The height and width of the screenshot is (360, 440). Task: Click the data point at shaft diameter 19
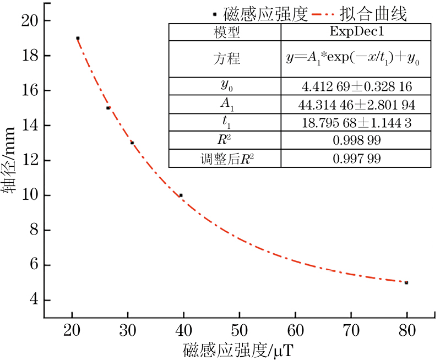coord(78,38)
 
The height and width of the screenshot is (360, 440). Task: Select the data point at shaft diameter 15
coord(108,108)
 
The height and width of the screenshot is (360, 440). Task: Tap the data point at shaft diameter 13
coord(132,143)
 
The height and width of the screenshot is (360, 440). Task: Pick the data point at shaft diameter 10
coord(181,195)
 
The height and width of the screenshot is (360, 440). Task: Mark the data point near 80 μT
coord(406,282)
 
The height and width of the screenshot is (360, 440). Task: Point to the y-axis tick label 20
coord(29,21)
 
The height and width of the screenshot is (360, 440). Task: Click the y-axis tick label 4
coord(32,301)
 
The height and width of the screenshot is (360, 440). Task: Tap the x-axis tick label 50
coord(239,331)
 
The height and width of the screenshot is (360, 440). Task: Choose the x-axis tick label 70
coord(351,331)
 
